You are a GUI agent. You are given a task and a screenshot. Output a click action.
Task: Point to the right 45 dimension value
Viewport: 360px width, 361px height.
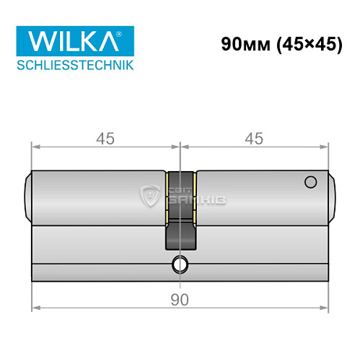pos(254,137)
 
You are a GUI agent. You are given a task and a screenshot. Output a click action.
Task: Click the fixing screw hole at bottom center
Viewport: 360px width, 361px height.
pos(179,265)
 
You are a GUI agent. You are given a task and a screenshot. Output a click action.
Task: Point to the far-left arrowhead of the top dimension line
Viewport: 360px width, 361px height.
pos(34,147)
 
